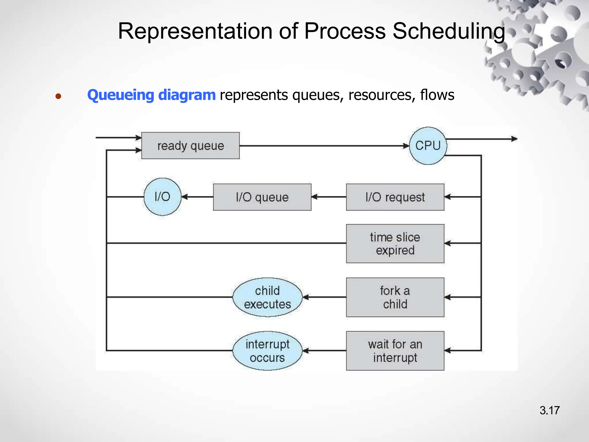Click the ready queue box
[x=190, y=146]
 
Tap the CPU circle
[x=428, y=146]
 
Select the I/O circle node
[x=162, y=197]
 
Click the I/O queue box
[x=262, y=197]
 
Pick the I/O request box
[x=395, y=197]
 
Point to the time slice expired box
[x=395, y=243]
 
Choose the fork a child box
[x=395, y=297]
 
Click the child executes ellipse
[x=267, y=297]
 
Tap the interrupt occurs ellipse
[x=267, y=351]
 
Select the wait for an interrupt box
[x=395, y=351]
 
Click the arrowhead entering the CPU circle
[x=406, y=146]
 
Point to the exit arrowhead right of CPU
[x=514, y=139]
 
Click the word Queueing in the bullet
[x=121, y=95]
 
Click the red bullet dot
[x=58, y=96]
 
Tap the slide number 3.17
[x=549, y=410]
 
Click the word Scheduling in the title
[x=449, y=31]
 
